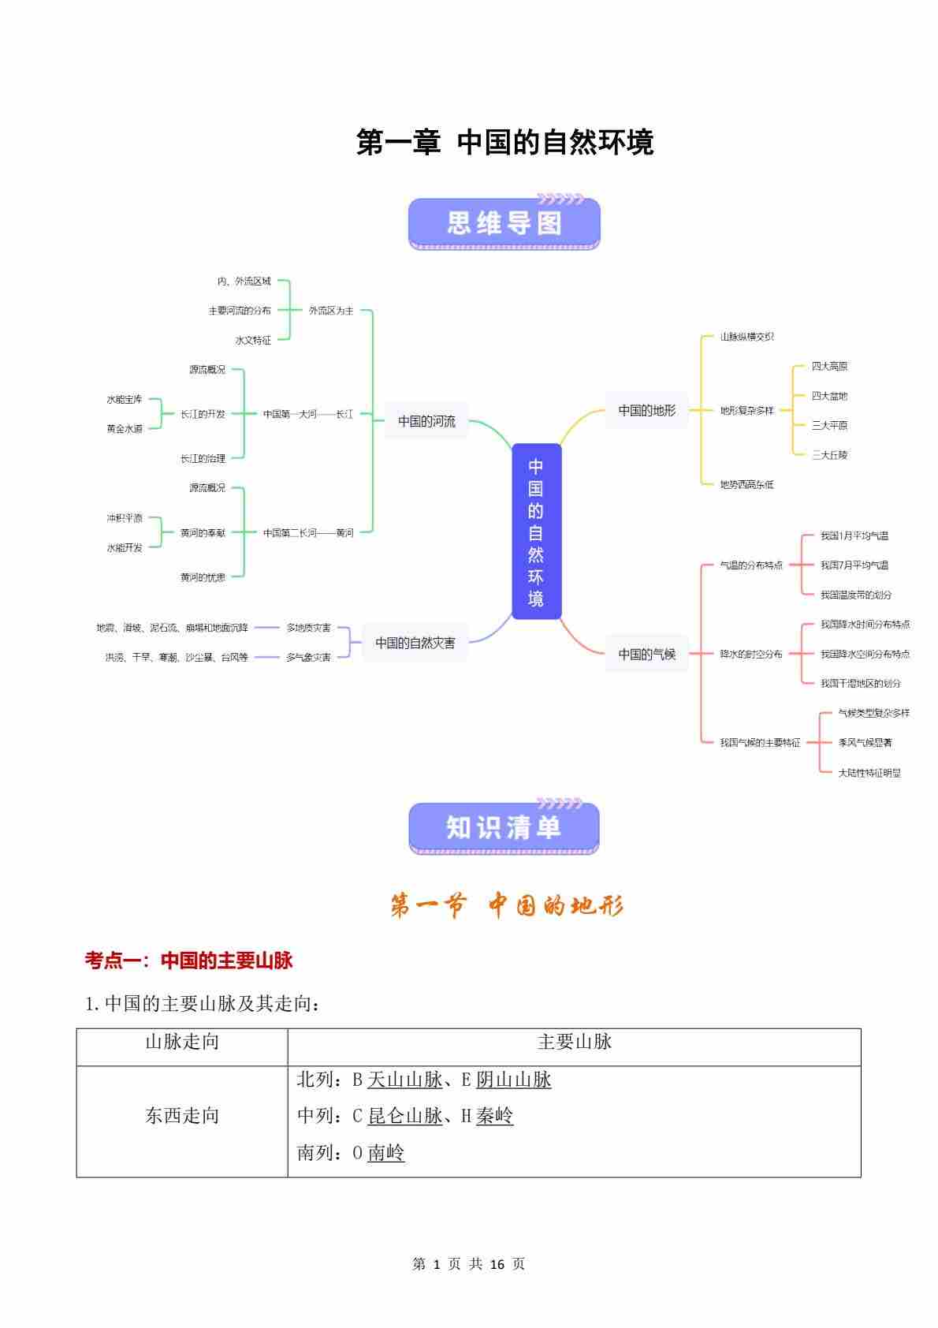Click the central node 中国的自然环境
tap(536, 532)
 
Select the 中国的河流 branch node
tap(426, 421)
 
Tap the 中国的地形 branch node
tap(646, 410)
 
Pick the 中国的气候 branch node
tap(646, 654)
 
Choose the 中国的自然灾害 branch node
tap(415, 643)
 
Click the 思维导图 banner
tap(504, 224)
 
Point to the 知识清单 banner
tap(504, 828)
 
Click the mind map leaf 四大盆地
tap(829, 396)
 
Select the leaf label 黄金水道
tap(125, 429)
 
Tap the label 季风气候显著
tap(865, 743)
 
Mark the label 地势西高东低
tap(746, 484)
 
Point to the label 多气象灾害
tap(308, 657)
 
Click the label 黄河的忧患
tap(203, 577)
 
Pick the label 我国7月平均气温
tap(854, 565)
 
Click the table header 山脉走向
tap(182, 1043)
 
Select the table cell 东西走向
tap(182, 1116)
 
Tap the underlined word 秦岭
tap(494, 1116)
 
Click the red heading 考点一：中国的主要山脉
tap(189, 961)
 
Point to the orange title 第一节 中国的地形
tap(506, 906)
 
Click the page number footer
tap(468, 1264)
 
